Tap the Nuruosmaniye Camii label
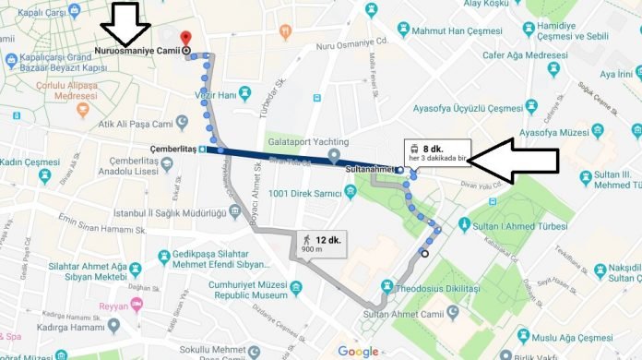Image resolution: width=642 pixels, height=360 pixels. (x=137, y=50)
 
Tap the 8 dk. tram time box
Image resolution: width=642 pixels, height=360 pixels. (x=437, y=154)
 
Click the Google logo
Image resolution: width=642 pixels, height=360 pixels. (x=357, y=351)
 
